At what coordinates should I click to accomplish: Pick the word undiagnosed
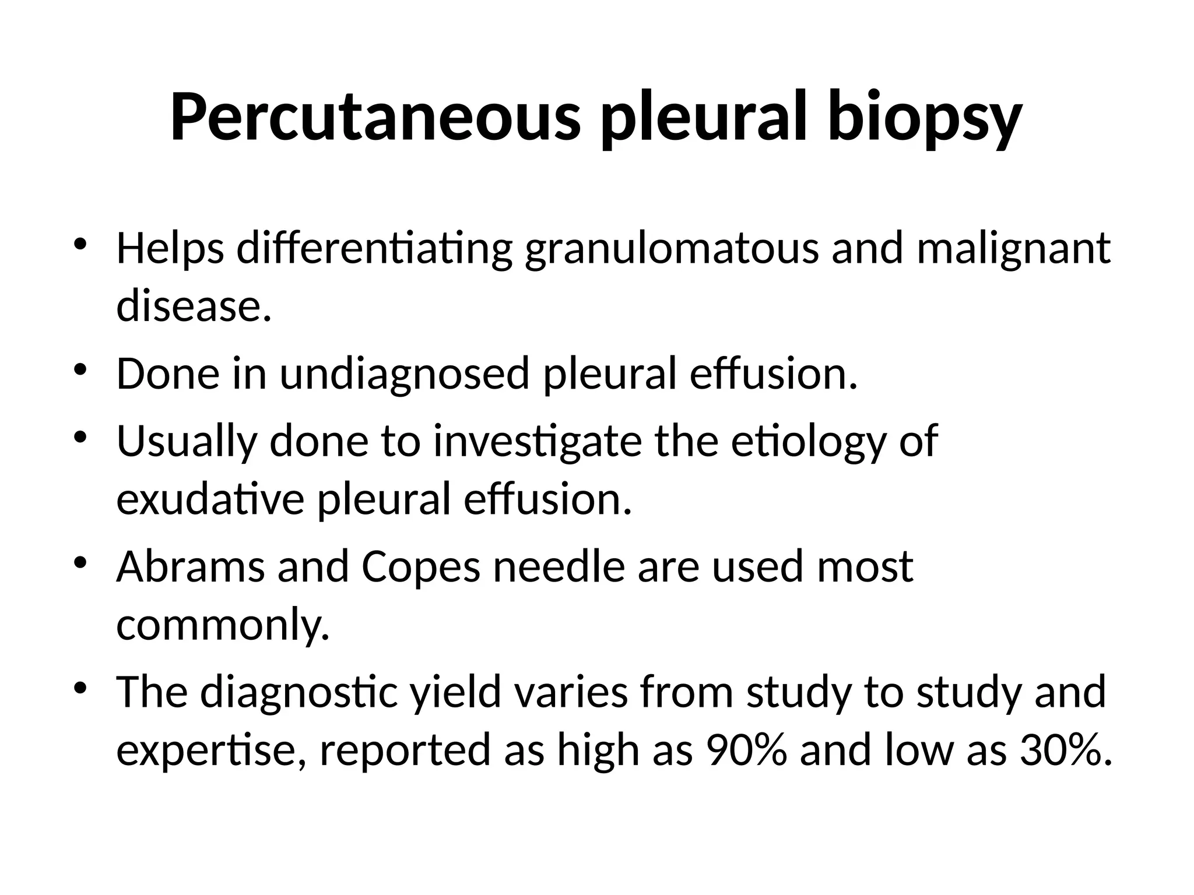[404, 374]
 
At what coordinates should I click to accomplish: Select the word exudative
[210, 499]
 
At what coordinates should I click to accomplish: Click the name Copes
[421, 568]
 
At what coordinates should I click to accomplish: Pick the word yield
[455, 693]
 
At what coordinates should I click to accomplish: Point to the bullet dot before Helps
[80, 244]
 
